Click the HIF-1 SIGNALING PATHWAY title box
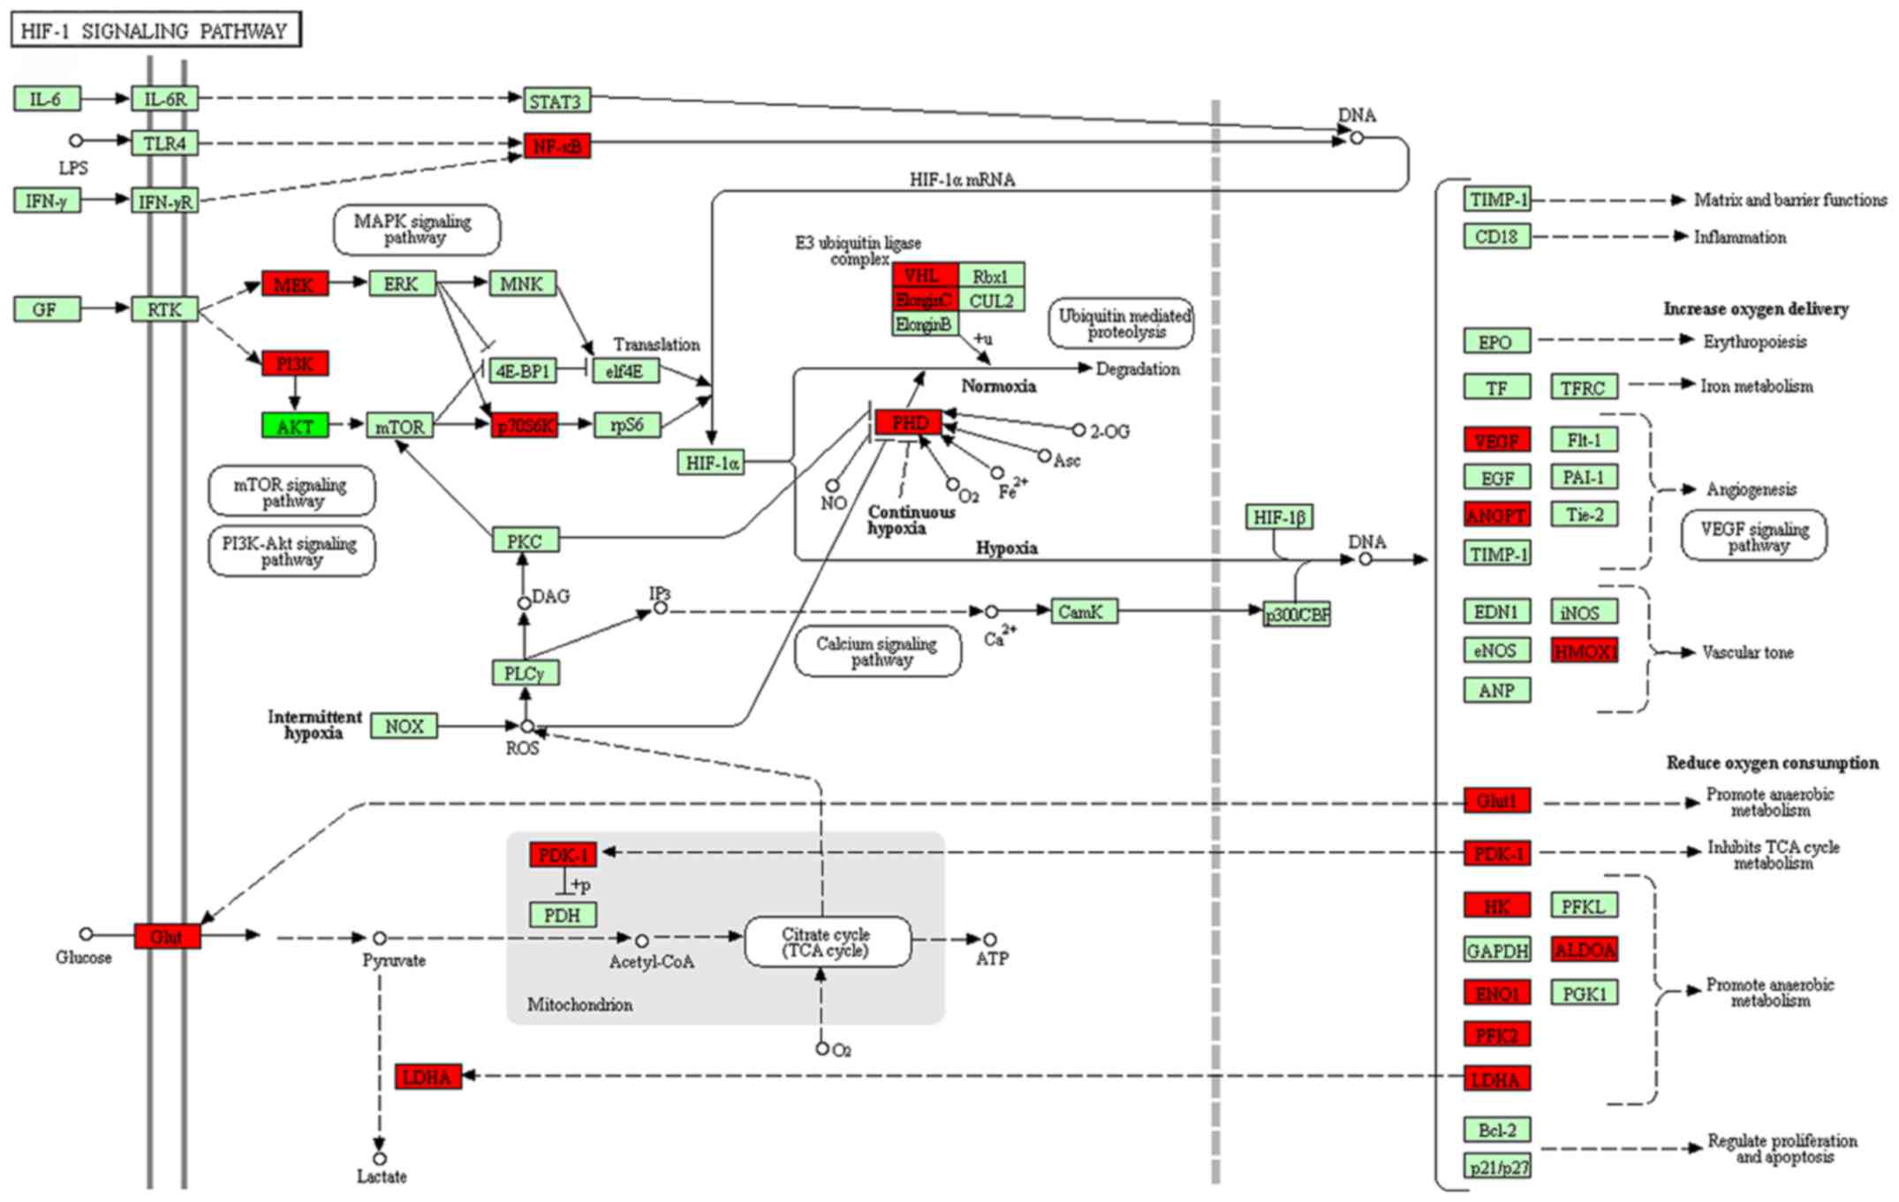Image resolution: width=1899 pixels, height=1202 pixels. tap(155, 30)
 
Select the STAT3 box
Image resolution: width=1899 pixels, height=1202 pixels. tap(556, 101)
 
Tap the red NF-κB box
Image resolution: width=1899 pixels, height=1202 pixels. tap(557, 146)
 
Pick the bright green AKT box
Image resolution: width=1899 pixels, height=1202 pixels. tap(295, 426)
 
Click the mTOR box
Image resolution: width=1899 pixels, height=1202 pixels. tap(399, 426)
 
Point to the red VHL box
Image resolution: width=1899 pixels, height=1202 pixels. tap(924, 275)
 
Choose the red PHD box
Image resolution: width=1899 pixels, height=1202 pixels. tap(909, 422)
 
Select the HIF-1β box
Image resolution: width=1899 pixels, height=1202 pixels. tap(1279, 517)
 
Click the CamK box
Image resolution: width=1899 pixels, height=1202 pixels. tap(1084, 611)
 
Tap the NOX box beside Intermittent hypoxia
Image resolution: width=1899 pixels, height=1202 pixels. tap(404, 726)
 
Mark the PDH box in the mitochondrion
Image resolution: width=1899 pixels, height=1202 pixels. tap(563, 915)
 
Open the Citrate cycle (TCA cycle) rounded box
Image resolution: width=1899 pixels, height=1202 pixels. tap(827, 942)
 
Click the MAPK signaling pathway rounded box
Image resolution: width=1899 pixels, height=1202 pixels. tap(416, 229)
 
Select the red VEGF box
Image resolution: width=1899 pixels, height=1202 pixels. tap(1496, 440)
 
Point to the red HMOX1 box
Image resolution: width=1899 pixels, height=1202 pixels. tap(1585, 651)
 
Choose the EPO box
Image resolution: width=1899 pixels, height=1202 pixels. tap(1496, 341)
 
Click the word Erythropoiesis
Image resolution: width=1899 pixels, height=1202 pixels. tap(1754, 341)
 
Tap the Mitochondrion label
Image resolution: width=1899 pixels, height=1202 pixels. tap(579, 1004)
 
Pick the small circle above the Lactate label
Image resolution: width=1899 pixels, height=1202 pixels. tap(380, 1158)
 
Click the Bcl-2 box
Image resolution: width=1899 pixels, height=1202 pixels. tap(1496, 1130)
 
